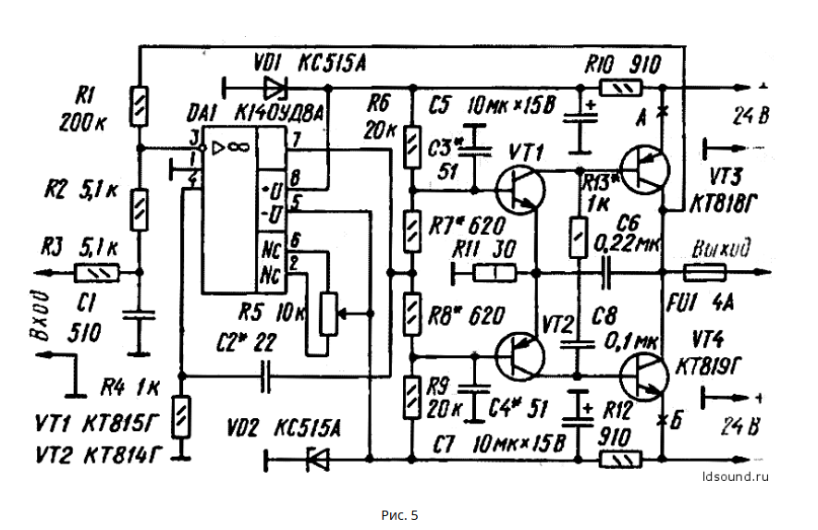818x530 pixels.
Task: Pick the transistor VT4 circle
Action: [643, 376]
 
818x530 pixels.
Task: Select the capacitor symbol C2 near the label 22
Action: [266, 376]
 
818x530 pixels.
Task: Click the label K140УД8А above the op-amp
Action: [279, 112]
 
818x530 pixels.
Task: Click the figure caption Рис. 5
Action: [399, 513]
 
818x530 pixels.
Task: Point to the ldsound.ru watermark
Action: [736, 477]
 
